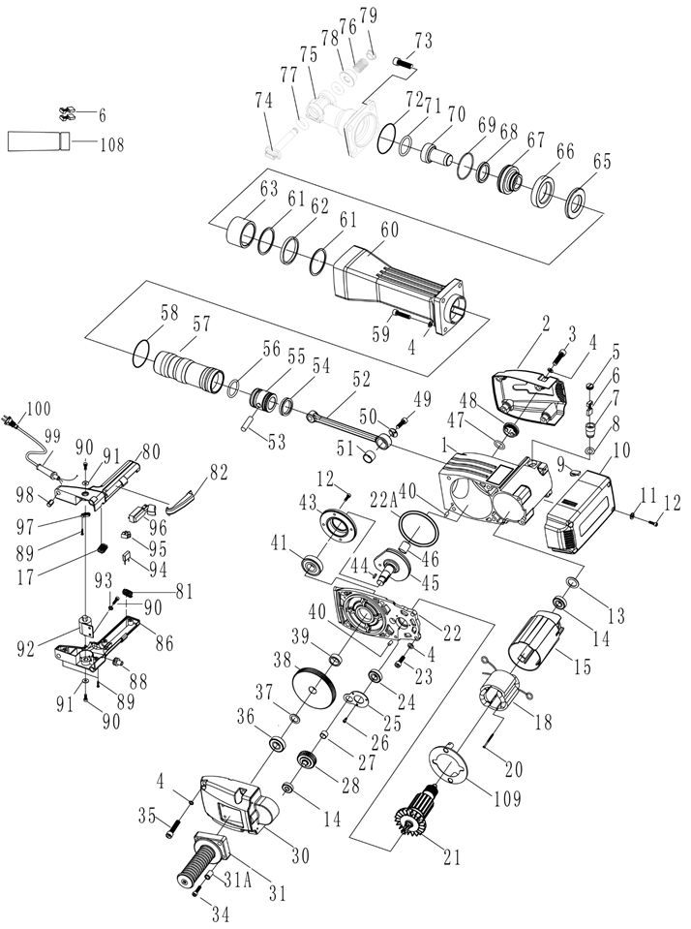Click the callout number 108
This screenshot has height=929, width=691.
coord(111,143)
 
